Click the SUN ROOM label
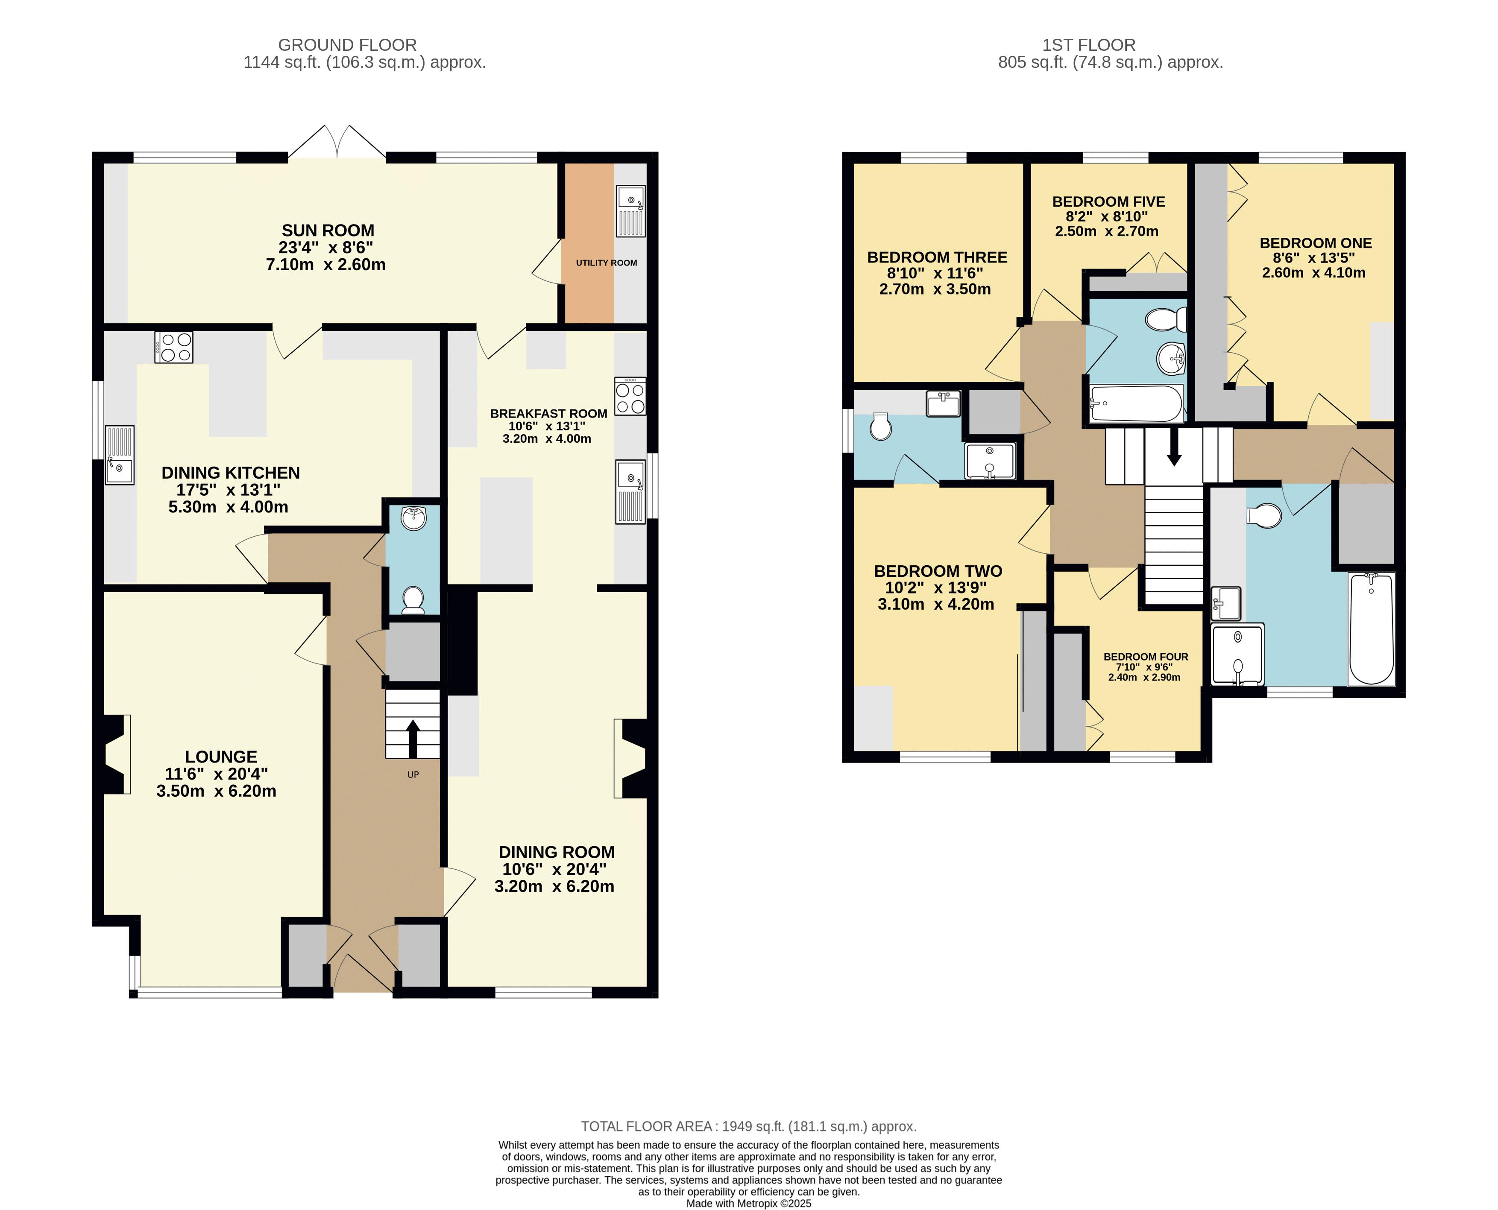(328, 230)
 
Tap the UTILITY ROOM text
(606, 263)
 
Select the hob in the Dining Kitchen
(174, 347)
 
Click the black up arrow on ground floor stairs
(413, 738)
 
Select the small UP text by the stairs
(413, 775)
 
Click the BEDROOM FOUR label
(1146, 657)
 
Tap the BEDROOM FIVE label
(1109, 202)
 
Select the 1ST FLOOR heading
(1089, 44)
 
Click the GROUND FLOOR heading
(347, 44)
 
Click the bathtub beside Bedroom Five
(1136, 403)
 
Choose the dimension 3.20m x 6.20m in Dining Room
(554, 887)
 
